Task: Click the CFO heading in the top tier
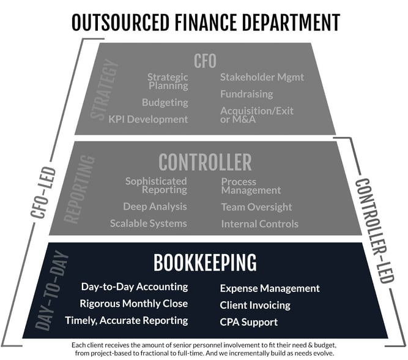point(205,61)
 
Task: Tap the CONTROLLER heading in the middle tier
point(205,162)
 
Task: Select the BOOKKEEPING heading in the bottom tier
point(205,263)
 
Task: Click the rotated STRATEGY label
point(104,89)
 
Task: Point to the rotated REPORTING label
point(79,190)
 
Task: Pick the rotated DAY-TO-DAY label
point(51,290)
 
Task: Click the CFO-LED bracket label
point(43,192)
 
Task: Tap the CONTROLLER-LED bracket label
point(375,231)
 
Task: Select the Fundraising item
point(247,94)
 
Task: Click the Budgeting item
point(165,102)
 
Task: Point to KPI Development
point(148,119)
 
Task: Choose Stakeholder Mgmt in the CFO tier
point(262,77)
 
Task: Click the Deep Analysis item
point(155,206)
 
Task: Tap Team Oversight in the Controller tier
point(256,207)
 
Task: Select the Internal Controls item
point(260,224)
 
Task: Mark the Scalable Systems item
point(148,223)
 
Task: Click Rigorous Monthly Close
point(134,304)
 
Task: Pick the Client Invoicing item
point(255,306)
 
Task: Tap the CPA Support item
point(249,322)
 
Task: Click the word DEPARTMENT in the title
point(291,23)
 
